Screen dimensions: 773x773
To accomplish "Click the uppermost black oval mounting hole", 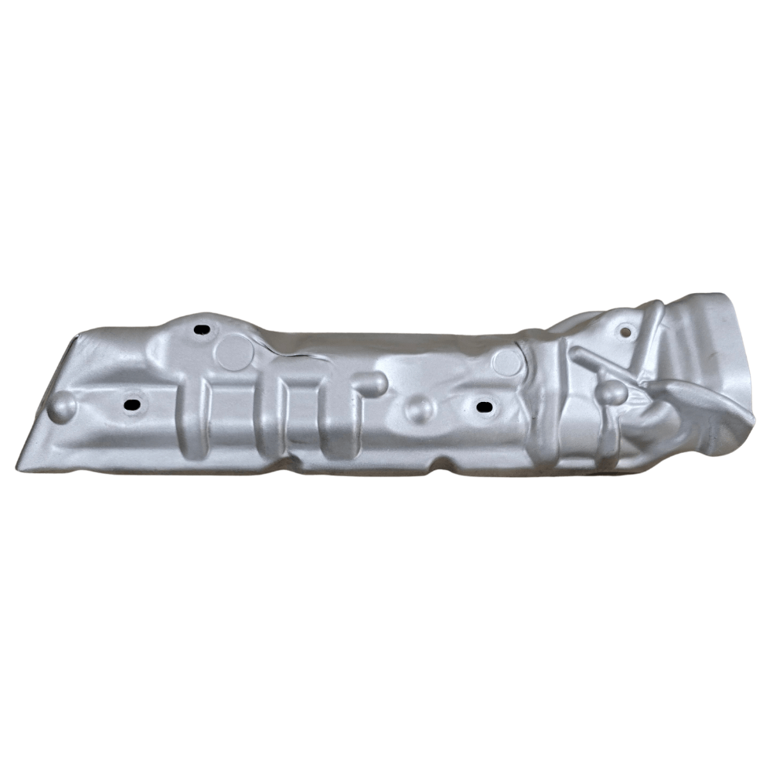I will [x=202, y=330].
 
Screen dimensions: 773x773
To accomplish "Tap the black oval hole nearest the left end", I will [x=133, y=404].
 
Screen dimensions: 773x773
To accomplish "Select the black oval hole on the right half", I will [x=484, y=407].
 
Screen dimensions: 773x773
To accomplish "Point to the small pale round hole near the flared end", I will [x=625, y=332].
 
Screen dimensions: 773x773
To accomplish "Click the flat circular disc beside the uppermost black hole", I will [x=234, y=353].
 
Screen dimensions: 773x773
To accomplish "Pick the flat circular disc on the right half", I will [x=507, y=362].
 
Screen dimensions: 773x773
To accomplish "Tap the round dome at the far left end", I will [x=61, y=407].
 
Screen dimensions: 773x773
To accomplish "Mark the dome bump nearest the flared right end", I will [x=612, y=393].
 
